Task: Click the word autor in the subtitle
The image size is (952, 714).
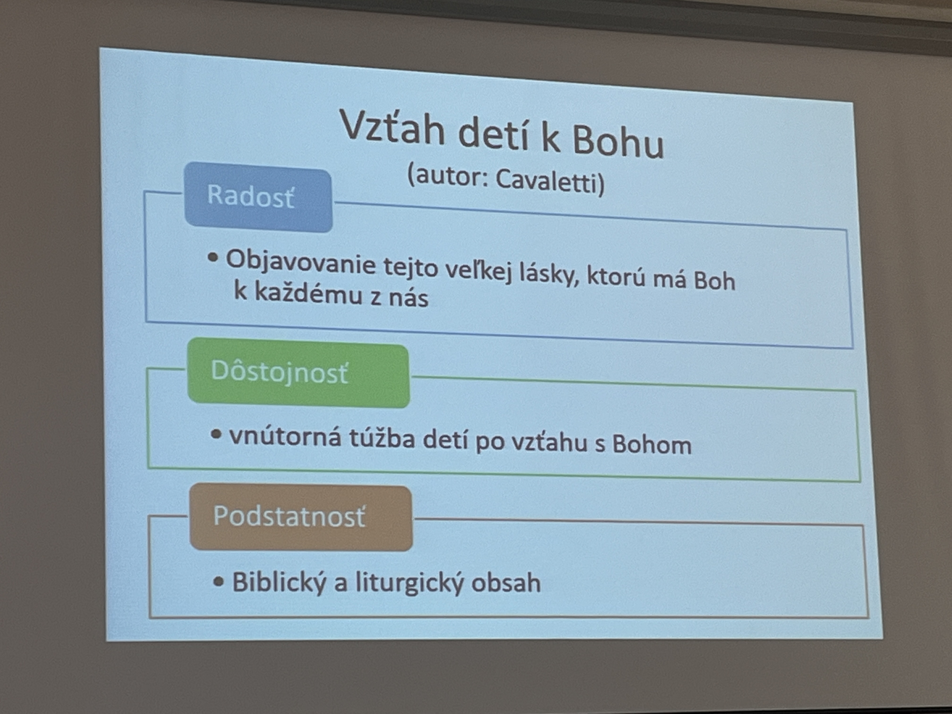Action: (x=450, y=176)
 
